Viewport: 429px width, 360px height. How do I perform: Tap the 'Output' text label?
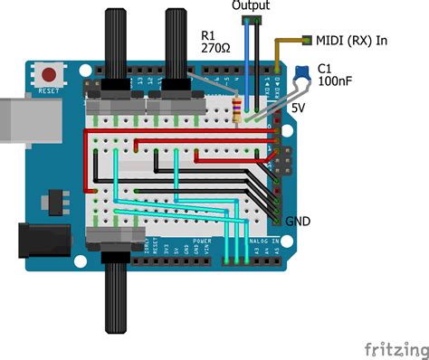coord(250,5)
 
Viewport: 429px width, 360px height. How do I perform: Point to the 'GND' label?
coord(299,221)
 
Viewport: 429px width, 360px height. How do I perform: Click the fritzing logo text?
coord(396,348)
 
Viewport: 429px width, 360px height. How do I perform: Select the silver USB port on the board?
coord(16,118)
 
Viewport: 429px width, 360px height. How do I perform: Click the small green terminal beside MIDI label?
coord(309,40)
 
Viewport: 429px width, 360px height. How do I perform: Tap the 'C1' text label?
coord(327,65)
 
